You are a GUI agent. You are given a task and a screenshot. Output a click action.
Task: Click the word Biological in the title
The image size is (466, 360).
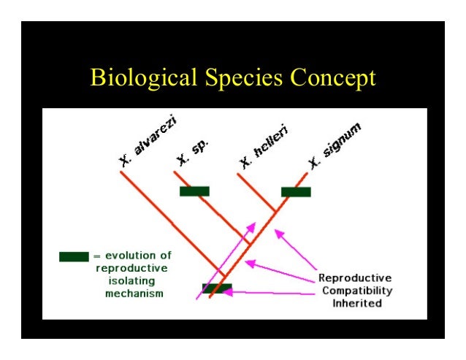[x=139, y=77]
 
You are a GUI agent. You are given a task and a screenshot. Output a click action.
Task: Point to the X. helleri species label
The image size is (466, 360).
[x=262, y=145]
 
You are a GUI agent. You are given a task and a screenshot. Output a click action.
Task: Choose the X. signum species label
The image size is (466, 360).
[x=335, y=145]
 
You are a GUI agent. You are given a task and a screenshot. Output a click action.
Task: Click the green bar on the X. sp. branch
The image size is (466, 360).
[x=194, y=191]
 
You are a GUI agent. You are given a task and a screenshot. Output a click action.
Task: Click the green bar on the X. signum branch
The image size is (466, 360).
[x=296, y=192]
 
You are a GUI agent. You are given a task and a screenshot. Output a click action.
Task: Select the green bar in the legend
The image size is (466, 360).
[x=74, y=257]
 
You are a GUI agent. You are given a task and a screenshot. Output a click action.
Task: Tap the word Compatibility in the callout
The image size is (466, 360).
[x=355, y=290]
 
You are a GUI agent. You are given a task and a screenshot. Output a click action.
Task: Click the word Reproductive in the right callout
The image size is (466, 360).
[x=355, y=277]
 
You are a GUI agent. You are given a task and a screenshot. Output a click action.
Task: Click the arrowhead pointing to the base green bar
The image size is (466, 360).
[x=229, y=291]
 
